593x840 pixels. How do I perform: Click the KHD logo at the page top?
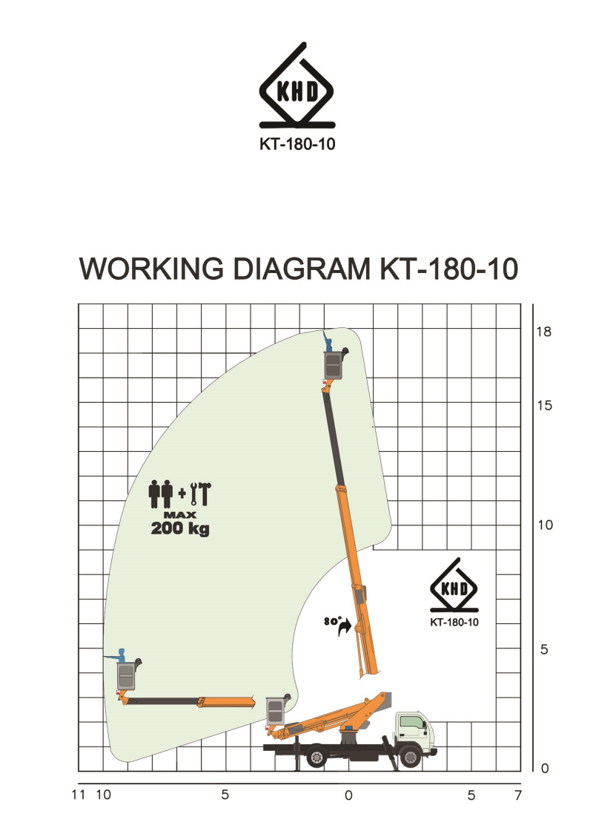coord(296,89)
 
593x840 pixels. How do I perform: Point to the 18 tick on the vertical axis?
coord(544,332)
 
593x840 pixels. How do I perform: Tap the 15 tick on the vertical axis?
coord(544,406)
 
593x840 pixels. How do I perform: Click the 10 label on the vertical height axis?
coord(544,525)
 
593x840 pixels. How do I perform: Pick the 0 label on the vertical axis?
coord(545,769)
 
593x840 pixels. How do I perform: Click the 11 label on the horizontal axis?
coord(79,795)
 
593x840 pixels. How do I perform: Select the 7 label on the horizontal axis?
coord(518,795)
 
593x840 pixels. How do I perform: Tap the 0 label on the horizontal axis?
coord(348,795)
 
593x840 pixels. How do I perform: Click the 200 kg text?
coord(180,529)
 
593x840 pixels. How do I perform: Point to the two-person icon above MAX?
coord(161,493)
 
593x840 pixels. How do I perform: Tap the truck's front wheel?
coord(409,757)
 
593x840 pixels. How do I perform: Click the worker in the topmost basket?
coord(328,341)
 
